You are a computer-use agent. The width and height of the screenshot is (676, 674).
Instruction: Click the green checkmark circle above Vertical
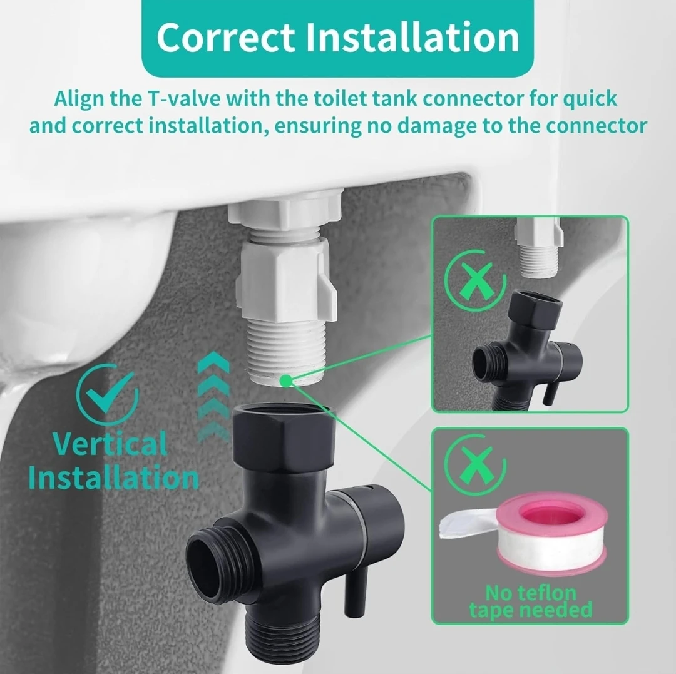click(107, 395)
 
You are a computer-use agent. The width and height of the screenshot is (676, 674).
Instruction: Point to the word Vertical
click(110, 444)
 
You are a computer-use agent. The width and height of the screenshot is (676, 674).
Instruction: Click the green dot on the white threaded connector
click(285, 379)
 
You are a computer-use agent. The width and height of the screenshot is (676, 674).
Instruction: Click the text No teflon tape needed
click(530, 600)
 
